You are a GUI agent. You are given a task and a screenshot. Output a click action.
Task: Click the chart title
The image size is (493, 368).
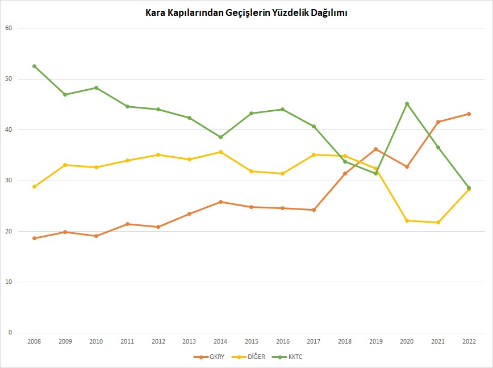(246, 12)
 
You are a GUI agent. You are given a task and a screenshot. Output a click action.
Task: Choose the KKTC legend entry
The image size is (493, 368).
(291, 357)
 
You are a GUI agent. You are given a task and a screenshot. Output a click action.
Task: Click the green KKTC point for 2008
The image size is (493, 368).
(34, 66)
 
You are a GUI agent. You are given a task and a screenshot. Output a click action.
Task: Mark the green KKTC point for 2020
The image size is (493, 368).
(407, 104)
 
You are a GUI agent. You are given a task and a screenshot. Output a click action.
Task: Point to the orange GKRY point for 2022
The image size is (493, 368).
(469, 114)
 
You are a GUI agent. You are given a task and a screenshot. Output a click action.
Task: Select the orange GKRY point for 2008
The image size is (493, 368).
(34, 238)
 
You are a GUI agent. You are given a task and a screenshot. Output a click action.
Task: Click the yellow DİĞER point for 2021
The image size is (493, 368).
(438, 222)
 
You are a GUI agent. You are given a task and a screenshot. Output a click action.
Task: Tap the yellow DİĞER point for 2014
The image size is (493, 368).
(220, 152)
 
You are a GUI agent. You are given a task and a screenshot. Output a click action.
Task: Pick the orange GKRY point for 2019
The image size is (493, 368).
(375, 149)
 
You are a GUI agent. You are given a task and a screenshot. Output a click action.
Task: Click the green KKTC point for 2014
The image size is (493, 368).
(220, 137)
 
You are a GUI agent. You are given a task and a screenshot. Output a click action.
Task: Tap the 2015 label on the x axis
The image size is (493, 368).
(252, 341)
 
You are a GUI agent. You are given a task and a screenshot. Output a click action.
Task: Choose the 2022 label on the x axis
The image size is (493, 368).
(469, 341)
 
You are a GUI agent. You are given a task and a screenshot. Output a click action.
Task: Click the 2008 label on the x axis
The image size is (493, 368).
(34, 341)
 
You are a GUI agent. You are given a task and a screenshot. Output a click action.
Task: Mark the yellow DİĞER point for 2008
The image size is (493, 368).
(34, 186)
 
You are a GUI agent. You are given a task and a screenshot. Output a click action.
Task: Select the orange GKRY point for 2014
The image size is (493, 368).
(220, 202)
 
